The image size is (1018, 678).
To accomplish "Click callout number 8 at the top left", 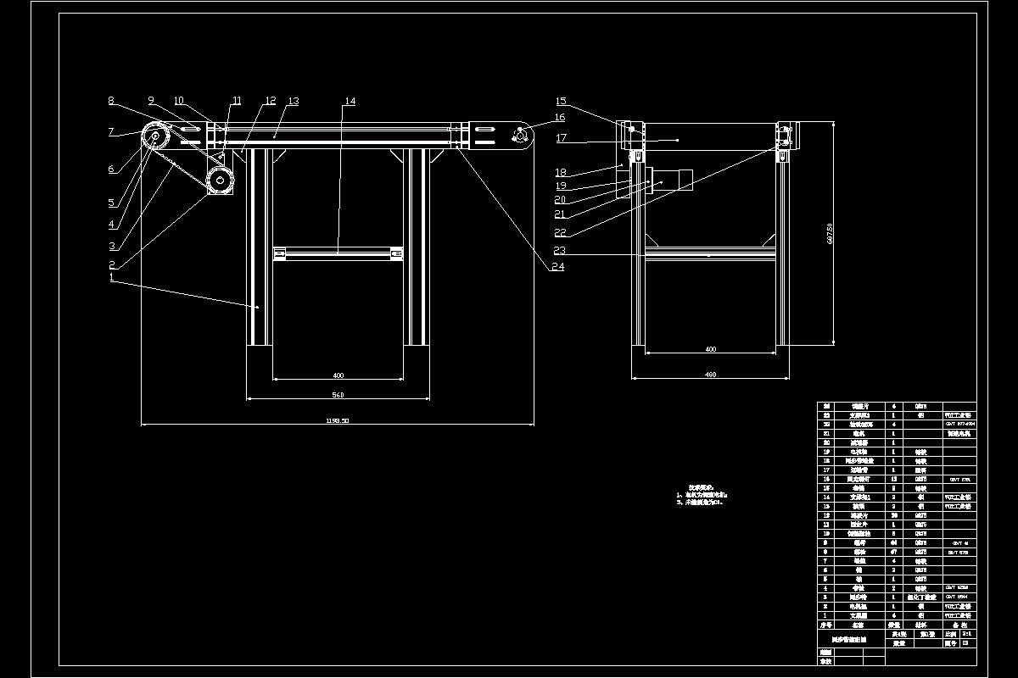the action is coord(111,101).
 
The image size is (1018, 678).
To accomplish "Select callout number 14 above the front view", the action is coord(350,102).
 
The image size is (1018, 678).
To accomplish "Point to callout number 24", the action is coord(557,267).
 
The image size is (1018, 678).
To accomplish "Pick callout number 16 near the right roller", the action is coord(560,118).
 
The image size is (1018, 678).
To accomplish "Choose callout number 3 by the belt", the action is coord(111,247).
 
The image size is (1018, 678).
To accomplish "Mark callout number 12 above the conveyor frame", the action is coord(270,102).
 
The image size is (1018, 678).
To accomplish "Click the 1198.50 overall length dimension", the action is coord(338,420).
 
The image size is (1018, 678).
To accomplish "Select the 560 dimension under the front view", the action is coord(338,395).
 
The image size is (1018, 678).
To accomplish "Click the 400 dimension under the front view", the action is coord(338,375).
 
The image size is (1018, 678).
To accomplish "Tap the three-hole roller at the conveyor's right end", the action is coord(519,136).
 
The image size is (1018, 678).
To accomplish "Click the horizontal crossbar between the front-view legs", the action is coord(338,253).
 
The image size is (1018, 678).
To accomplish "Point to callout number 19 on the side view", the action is coord(560,186).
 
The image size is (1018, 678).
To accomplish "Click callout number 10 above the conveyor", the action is coord(180,101).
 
